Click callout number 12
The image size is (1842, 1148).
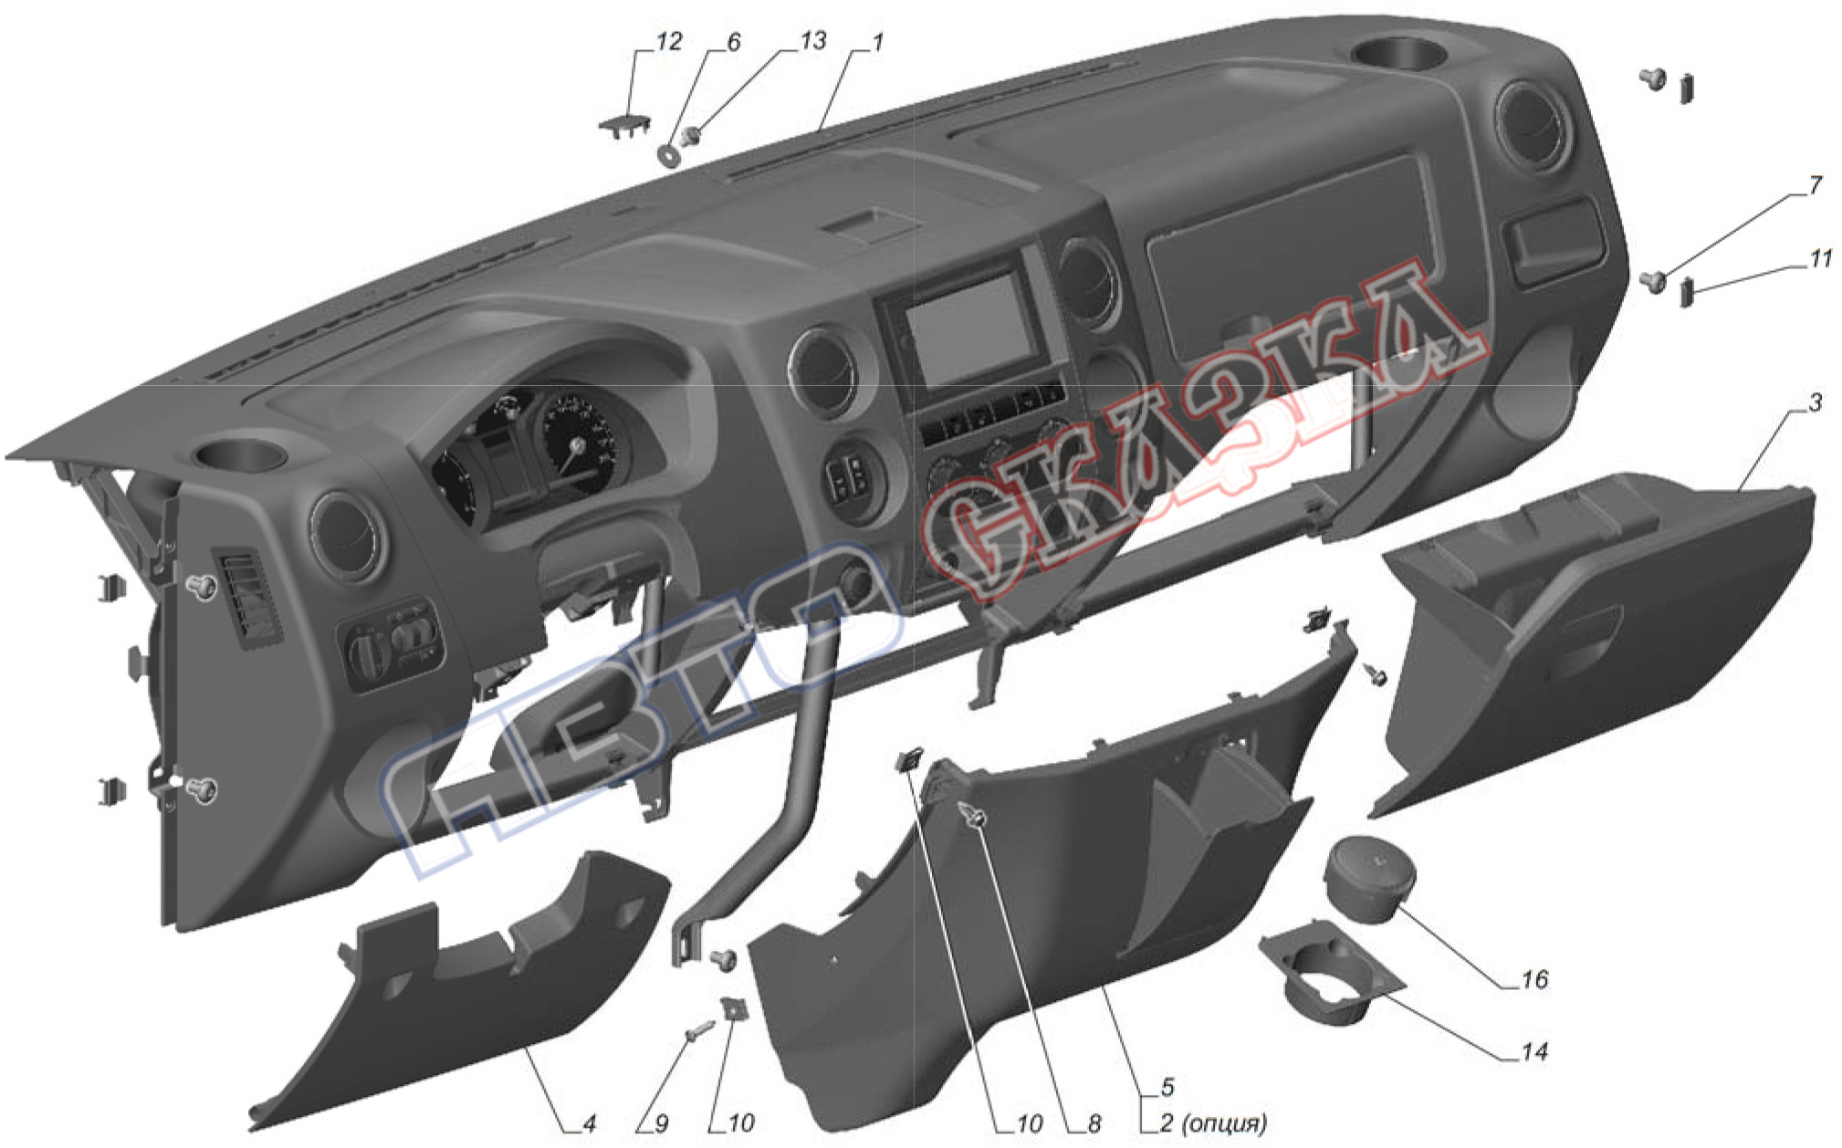coord(668,42)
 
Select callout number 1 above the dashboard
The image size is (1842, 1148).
coord(877,42)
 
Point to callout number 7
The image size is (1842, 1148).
coord(1815,185)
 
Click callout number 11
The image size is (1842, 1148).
coord(1820,259)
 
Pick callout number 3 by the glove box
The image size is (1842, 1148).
coord(1815,402)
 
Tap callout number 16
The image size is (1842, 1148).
coord(1534,979)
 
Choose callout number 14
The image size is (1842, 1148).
coord(1534,1051)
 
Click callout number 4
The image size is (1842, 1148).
coord(589,1123)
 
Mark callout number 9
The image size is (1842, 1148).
coord(662,1123)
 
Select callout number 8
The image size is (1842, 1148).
coord(1094,1123)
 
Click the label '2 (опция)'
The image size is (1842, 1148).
coord(1213,1123)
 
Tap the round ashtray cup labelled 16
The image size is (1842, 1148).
coord(1370,880)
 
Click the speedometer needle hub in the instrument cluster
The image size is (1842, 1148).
coord(577,444)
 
